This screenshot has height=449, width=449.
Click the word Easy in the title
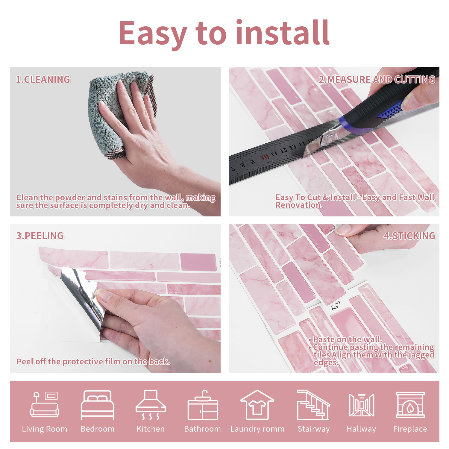tap(153, 34)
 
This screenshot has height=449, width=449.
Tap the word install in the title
tap(283, 33)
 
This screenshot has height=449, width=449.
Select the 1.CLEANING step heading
tap(43, 80)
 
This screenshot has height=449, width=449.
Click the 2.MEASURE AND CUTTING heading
tap(377, 80)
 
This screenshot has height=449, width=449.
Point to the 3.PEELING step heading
tap(40, 236)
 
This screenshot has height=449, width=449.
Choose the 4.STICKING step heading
tap(409, 236)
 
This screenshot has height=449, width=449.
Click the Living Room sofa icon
tap(45, 404)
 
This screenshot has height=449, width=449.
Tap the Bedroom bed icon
tap(98, 405)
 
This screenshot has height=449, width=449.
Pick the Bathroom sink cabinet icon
tap(203, 405)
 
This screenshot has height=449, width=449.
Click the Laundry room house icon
tap(257, 405)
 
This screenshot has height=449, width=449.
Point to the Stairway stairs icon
tap(313, 405)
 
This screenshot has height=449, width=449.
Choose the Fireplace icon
tap(410, 405)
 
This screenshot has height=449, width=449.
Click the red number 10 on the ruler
tap(265, 157)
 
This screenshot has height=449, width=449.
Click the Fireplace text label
tap(410, 429)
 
